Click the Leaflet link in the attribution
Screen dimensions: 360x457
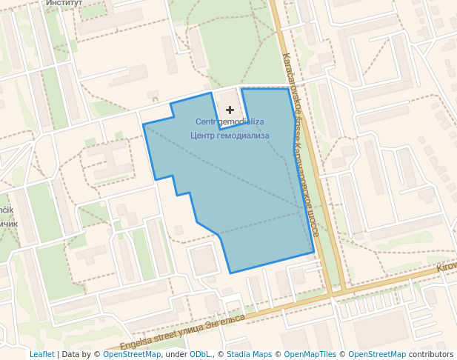coord(41,355)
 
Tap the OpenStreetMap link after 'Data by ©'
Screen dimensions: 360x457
coord(132,355)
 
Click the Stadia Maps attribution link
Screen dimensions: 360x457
coord(250,355)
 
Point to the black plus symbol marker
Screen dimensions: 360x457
coord(230,110)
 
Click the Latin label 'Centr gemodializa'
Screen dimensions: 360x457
coord(230,121)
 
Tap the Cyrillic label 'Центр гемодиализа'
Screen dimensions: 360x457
coord(230,136)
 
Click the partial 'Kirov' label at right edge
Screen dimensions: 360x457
coord(447,267)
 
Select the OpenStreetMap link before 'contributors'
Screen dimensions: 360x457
coord(376,355)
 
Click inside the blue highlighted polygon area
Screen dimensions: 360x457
coord(252,200)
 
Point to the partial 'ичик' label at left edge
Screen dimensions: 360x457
coord(7,224)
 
